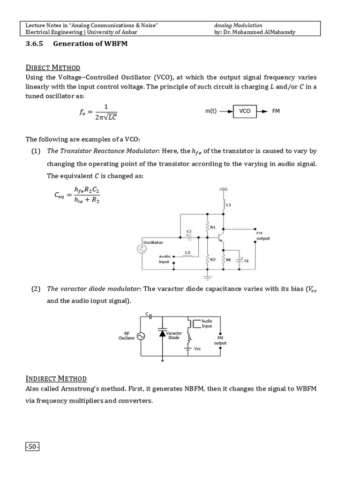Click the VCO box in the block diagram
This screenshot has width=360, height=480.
tap(245, 112)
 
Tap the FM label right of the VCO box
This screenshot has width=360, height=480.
tap(276, 112)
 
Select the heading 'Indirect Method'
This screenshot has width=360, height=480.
tap(56, 379)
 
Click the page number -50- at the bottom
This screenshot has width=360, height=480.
tap(32, 447)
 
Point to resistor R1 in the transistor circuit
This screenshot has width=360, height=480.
tap(207, 228)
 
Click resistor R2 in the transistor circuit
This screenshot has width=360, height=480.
tap(207, 259)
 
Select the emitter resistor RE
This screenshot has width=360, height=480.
tap(223, 259)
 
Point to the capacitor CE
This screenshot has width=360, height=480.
tap(240, 260)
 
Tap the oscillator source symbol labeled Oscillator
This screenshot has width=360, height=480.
tap(140, 249)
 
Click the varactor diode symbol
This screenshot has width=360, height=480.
tap(162, 333)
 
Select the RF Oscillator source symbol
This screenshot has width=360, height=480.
tap(140, 335)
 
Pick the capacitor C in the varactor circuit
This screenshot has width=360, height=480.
tap(150, 316)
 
